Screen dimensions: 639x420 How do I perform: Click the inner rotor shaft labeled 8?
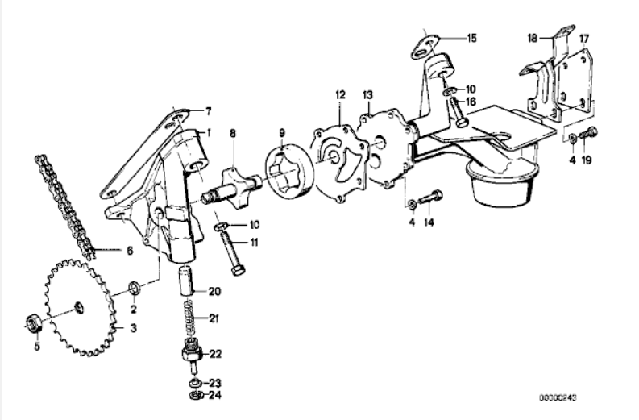coord(233,188)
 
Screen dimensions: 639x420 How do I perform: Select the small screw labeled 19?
coord(588,133)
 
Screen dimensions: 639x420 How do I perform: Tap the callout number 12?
coord(340,95)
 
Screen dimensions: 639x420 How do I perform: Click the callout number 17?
coord(584,39)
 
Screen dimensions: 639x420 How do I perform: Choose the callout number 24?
coord(215,395)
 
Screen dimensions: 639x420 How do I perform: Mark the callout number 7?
coord(208,111)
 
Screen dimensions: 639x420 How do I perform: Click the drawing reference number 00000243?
coord(558,397)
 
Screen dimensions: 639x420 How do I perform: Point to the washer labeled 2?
coord(135,289)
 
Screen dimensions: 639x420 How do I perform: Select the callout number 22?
coord(216,354)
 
